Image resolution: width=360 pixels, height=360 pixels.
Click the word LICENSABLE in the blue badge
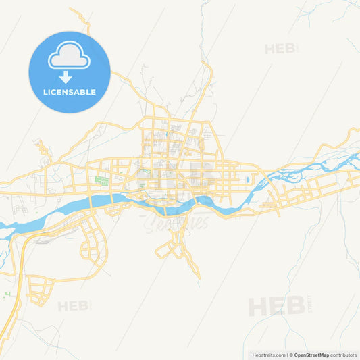coord(70,92)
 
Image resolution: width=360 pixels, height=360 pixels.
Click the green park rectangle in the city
coord(102,181)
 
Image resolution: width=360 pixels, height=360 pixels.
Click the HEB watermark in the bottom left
coord(73,306)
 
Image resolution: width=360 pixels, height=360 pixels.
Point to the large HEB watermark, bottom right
coord(276,306)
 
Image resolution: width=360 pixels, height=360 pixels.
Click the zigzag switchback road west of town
coord(43,150)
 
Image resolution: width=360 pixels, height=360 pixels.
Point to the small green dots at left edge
coord(7,294)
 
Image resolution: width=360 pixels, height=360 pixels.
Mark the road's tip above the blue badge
coord(70,9)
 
